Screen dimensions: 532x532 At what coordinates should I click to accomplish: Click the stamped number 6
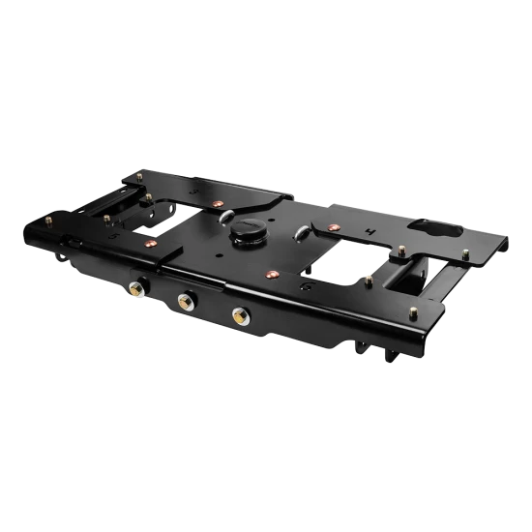[x=306, y=288]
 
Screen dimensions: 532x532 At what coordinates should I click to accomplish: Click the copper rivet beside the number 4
[x=333, y=228]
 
